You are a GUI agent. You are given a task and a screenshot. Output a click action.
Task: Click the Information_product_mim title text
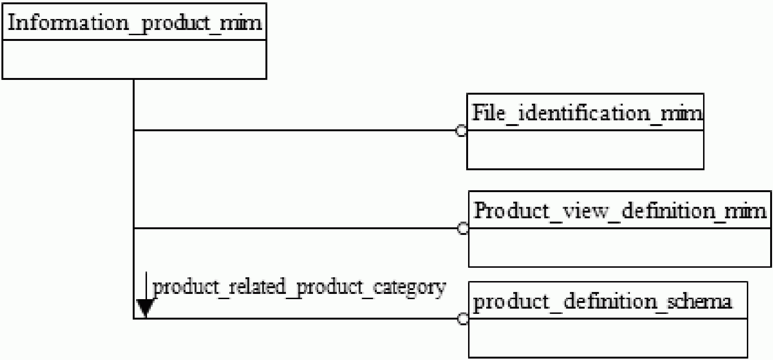[x=135, y=23]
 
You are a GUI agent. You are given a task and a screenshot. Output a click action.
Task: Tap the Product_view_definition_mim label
[x=620, y=211]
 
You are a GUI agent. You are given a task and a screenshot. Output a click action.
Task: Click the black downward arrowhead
[x=145, y=308]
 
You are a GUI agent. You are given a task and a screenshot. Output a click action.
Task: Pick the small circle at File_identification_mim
[x=461, y=131]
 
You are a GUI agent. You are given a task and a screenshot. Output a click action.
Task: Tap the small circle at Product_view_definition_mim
[x=463, y=228]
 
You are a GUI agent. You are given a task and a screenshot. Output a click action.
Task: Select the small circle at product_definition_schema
[x=463, y=319]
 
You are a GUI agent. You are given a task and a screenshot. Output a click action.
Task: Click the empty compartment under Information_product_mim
[x=135, y=59]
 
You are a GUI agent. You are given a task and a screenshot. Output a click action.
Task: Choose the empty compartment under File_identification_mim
[x=585, y=150]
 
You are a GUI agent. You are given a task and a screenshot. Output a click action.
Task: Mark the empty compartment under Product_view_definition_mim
[x=620, y=247]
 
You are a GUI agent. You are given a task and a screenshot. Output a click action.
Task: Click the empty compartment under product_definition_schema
[x=608, y=338]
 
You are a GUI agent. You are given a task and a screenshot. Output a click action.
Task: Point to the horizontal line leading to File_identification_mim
[x=295, y=130]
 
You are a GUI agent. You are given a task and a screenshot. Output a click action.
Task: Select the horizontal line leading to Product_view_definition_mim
[x=296, y=228]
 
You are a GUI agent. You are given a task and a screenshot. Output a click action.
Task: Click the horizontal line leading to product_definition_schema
[x=296, y=319]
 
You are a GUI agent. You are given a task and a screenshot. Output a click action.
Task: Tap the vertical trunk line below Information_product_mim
[x=134, y=199]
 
